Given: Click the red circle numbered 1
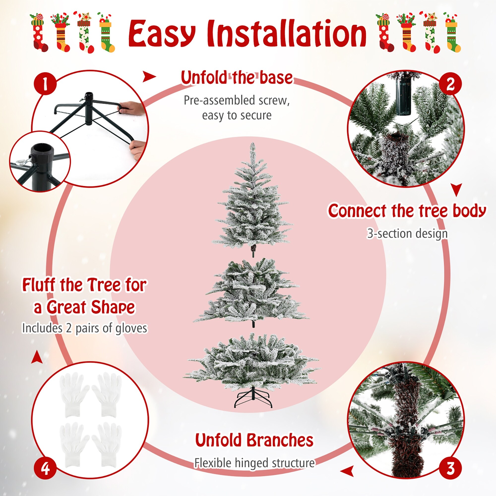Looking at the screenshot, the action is click(x=45, y=84).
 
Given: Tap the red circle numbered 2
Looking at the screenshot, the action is click(x=450, y=84).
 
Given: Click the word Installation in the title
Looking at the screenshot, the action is click(x=286, y=33).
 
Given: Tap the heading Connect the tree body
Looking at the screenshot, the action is click(x=407, y=211).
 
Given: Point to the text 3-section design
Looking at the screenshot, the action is click(x=407, y=234).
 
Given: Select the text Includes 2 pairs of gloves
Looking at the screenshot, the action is click(x=85, y=328).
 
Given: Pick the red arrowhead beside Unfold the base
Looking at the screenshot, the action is click(x=149, y=76).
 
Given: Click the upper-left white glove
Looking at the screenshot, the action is click(x=73, y=395).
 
